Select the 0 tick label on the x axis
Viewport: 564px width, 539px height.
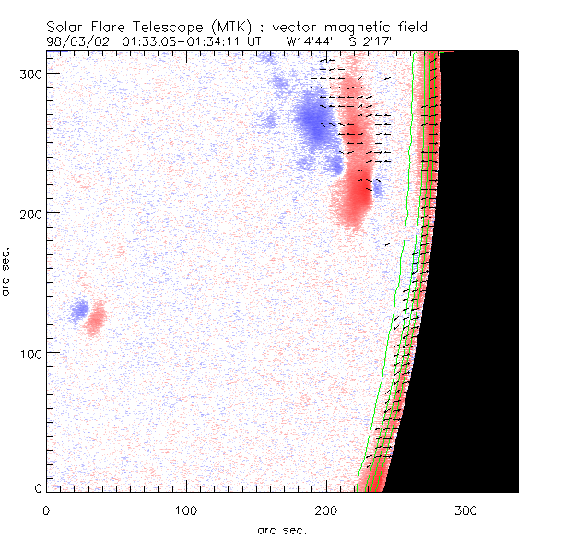[47, 510]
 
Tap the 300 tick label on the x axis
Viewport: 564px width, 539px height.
[467, 510]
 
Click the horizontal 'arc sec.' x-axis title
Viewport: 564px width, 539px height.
[282, 530]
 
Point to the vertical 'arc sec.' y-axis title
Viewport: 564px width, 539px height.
[8, 271]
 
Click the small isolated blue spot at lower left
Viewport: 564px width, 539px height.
[80, 309]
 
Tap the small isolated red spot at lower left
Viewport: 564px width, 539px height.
[95, 318]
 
